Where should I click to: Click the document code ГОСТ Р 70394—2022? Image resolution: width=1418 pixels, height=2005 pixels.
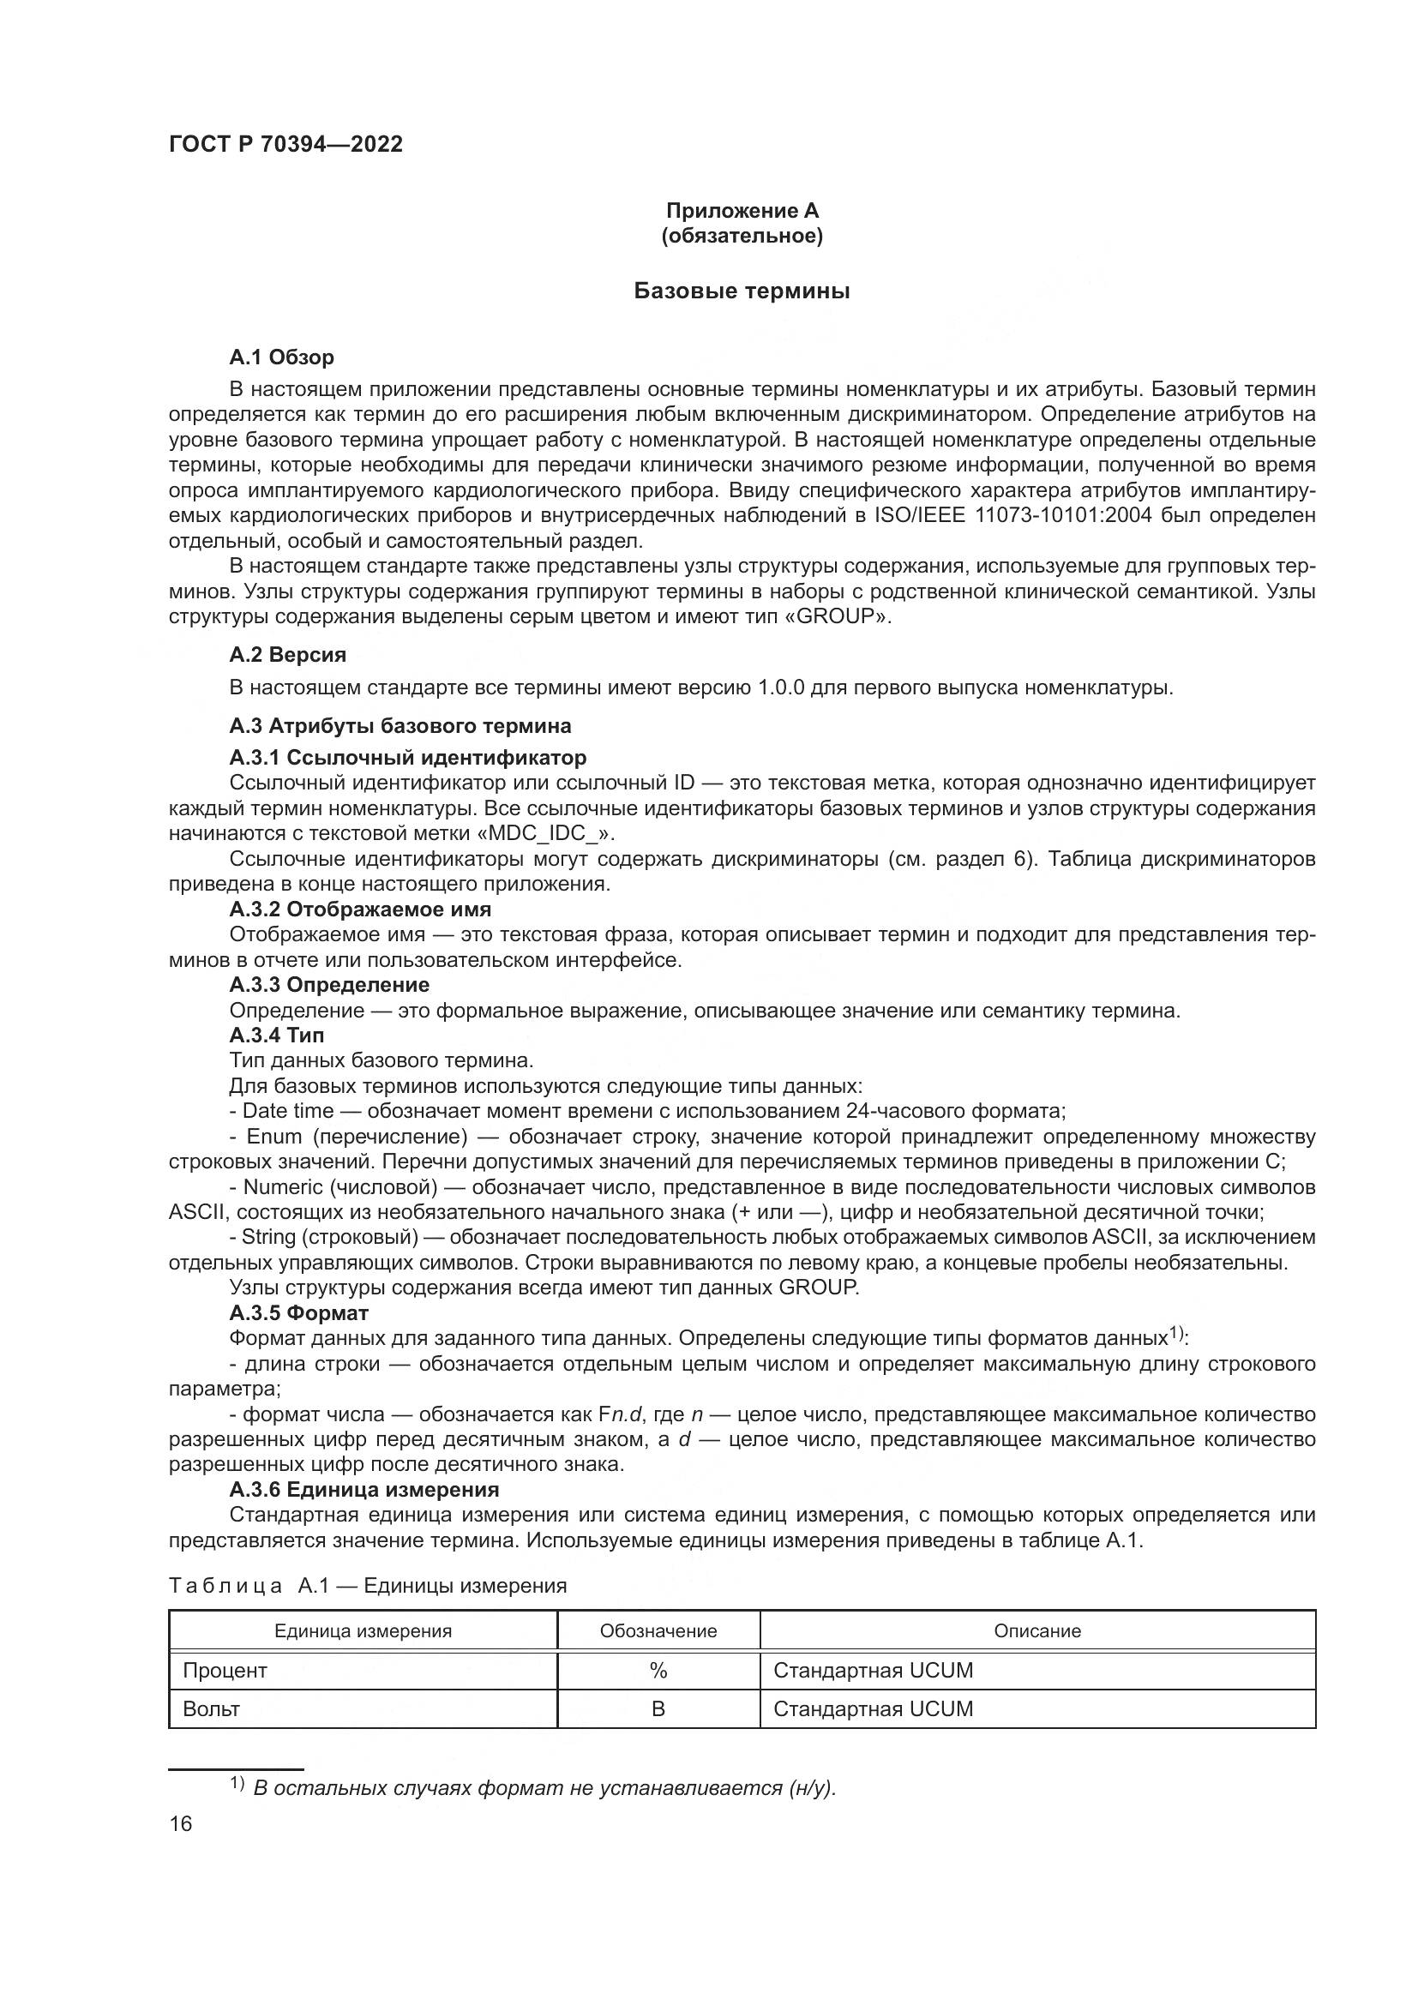pyautogui.click(x=285, y=145)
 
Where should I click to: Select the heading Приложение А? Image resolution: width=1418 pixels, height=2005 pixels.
pyautogui.click(x=742, y=211)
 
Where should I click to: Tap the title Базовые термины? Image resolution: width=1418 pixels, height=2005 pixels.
pyautogui.click(x=742, y=291)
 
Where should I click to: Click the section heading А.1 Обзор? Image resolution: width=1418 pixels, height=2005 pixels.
pyautogui.click(x=281, y=357)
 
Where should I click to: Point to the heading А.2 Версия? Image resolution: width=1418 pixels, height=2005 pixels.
pyautogui.click(x=287, y=655)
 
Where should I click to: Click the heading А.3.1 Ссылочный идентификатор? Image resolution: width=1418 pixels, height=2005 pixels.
pyautogui.click(x=408, y=757)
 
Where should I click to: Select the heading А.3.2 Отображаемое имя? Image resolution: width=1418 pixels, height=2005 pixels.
pyautogui.click(x=360, y=909)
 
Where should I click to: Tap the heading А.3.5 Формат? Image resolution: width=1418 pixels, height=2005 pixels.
pyautogui.click(x=298, y=1312)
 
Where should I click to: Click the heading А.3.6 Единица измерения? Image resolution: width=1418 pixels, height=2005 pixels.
pyautogui.click(x=364, y=1489)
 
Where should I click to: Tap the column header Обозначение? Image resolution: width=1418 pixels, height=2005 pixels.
pyautogui.click(x=658, y=1630)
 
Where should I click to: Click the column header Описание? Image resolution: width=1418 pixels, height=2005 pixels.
pyautogui.click(x=1037, y=1630)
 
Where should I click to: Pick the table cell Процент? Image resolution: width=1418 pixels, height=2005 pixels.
pyautogui.click(x=225, y=1671)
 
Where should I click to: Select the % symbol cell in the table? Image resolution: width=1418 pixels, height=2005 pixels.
pyautogui.click(x=658, y=1671)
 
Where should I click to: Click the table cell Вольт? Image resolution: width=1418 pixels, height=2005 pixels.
pyautogui.click(x=211, y=1709)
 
